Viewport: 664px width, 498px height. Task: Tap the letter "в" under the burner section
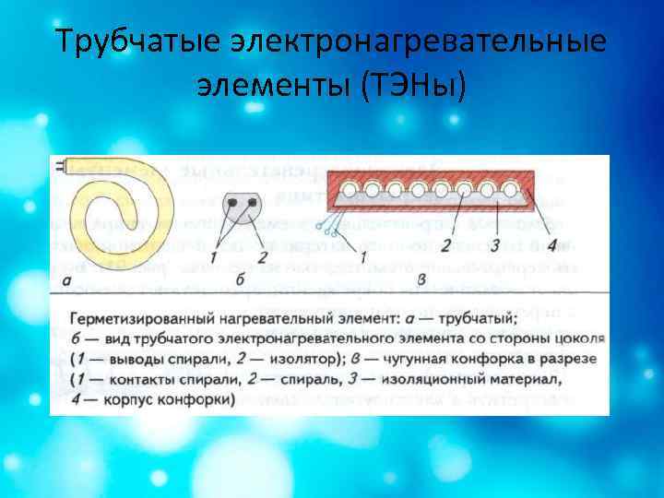[x=421, y=278]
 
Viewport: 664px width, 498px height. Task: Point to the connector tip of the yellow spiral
[x=62, y=167]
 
